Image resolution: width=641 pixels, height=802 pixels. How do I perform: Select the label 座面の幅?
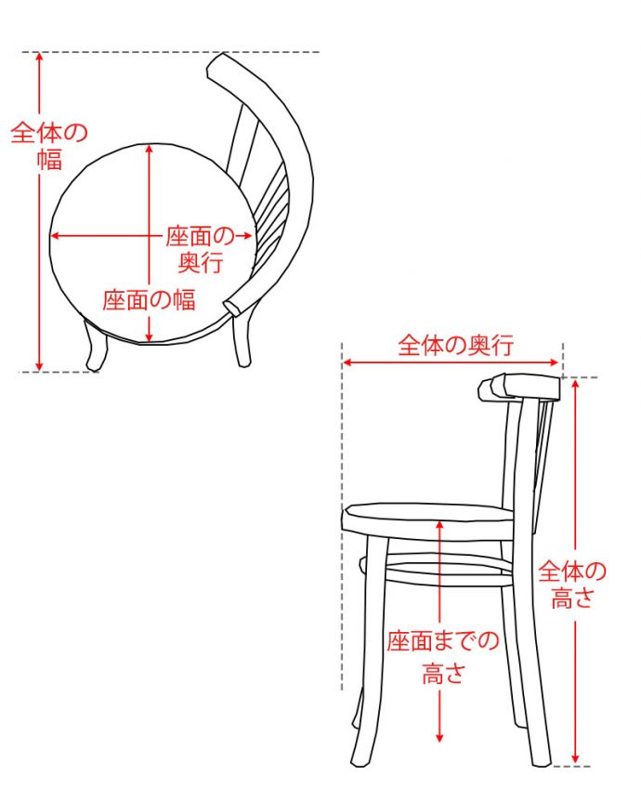tap(149, 299)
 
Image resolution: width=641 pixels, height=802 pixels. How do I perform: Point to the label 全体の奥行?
tap(455, 346)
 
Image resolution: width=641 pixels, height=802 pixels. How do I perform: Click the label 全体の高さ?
tap(571, 585)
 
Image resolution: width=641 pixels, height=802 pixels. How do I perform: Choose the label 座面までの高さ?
tap(442, 655)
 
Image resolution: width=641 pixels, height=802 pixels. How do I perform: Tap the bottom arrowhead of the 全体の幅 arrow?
tap(39, 367)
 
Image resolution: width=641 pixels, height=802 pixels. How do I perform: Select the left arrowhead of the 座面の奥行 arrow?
tap(54, 235)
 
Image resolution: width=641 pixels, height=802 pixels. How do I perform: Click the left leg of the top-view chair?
tap(95, 348)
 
